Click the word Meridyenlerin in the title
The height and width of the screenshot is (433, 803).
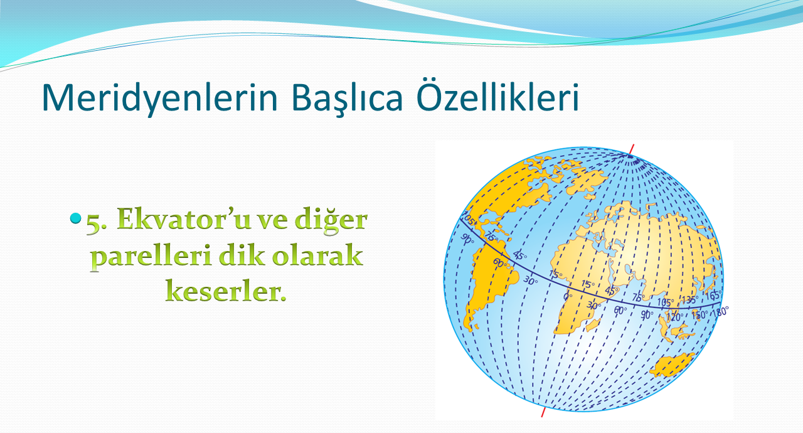[160, 98]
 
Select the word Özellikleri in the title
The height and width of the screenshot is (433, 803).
[498, 94]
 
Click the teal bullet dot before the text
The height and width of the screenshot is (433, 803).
[76, 218]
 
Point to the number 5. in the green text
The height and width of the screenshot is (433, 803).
[97, 223]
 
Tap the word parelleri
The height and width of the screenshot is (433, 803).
[151, 257]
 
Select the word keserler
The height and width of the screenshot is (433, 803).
[226, 291]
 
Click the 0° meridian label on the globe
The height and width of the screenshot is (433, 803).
[568, 296]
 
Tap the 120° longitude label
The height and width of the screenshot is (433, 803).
[674, 317]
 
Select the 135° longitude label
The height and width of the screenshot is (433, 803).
[689, 300]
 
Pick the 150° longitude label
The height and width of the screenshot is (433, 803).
[699, 315]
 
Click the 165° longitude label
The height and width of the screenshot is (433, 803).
[713, 296]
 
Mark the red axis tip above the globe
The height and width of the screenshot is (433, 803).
[634, 145]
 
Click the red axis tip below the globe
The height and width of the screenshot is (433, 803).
[542, 417]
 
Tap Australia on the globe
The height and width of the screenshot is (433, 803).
[671, 365]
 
